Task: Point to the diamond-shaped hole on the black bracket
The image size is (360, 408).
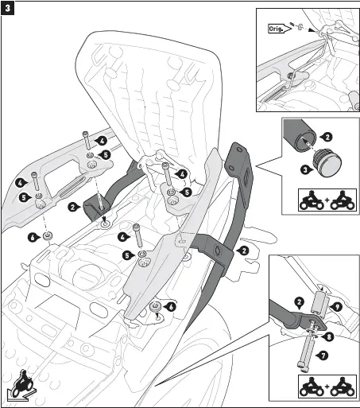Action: tap(216, 250)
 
